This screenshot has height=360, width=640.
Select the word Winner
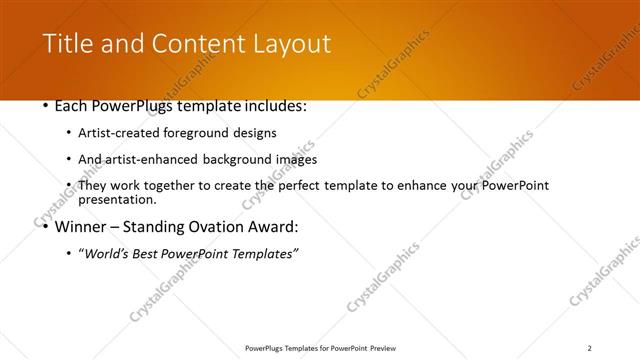[x=86, y=227]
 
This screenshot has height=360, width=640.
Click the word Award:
[x=269, y=227]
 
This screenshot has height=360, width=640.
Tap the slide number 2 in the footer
[x=590, y=348]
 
